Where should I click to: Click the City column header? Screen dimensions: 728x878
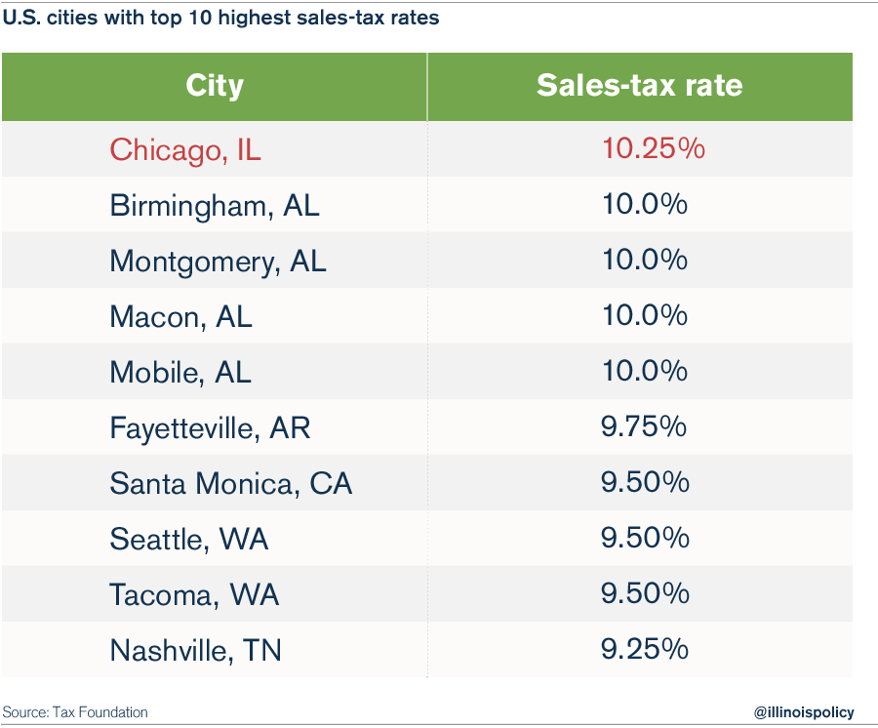pos(214,86)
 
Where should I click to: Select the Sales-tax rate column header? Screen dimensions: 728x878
pos(639,86)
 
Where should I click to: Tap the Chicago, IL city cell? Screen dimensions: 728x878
pos(185,149)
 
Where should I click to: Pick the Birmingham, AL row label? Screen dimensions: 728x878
pos(214,206)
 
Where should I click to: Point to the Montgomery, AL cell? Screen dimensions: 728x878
pos(218,262)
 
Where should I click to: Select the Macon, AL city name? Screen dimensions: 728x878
pos(180,317)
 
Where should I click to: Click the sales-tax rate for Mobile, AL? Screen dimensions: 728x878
pos(645,372)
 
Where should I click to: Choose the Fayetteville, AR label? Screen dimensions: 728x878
pos(210,427)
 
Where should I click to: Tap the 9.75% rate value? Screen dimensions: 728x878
pos(645,427)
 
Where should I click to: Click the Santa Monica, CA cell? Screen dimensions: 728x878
pos(230,483)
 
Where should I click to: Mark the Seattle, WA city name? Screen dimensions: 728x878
pos(188,539)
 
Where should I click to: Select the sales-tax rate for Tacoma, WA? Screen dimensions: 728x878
pos(645,594)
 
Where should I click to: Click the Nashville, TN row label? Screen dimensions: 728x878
pos(195,650)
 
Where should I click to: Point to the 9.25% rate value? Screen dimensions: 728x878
pos(645,650)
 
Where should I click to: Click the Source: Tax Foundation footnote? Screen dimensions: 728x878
pos(75,712)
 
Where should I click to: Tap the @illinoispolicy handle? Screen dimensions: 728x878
pos(804,712)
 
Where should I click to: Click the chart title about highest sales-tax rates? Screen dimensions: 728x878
pos(220,19)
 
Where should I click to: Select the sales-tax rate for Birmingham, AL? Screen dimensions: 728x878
pos(645,206)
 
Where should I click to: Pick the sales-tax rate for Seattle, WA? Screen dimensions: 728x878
pos(645,539)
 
